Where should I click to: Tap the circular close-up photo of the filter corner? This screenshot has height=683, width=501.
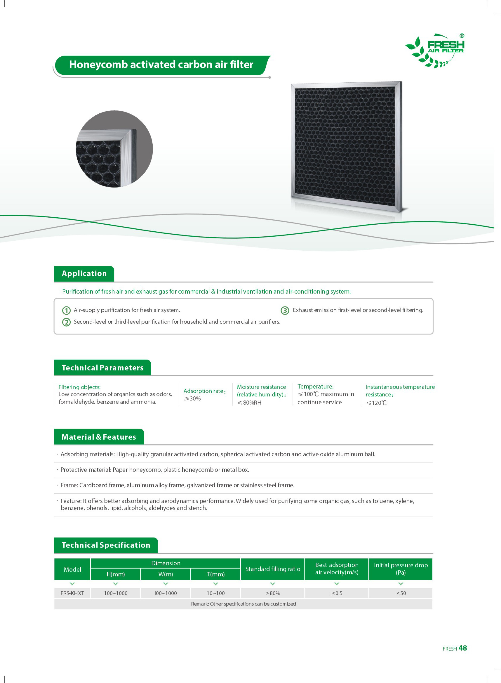(114, 149)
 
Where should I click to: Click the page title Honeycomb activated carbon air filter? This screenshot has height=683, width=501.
(161, 65)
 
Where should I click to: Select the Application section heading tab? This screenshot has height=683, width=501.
(84, 273)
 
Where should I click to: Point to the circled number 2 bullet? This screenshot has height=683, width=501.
(66, 322)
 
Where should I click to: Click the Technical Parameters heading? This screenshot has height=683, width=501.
(102, 368)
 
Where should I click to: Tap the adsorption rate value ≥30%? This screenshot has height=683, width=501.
(192, 399)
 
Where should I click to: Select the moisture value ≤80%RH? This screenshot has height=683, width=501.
(249, 403)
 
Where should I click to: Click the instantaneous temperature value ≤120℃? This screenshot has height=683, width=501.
(376, 403)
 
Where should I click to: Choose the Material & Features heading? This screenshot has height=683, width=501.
(99, 437)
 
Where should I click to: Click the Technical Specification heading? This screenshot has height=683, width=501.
(106, 545)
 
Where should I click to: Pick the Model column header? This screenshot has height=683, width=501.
(72, 570)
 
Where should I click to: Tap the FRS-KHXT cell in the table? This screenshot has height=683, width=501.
(72, 593)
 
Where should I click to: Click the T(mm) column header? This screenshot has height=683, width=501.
(216, 574)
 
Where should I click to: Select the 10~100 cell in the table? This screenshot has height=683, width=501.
(216, 593)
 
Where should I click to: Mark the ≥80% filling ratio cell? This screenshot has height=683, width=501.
(273, 593)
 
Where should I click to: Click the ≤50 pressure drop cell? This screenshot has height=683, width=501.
(401, 593)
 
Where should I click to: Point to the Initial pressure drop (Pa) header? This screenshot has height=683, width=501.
(401, 569)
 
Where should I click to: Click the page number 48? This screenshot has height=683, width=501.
(462, 648)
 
